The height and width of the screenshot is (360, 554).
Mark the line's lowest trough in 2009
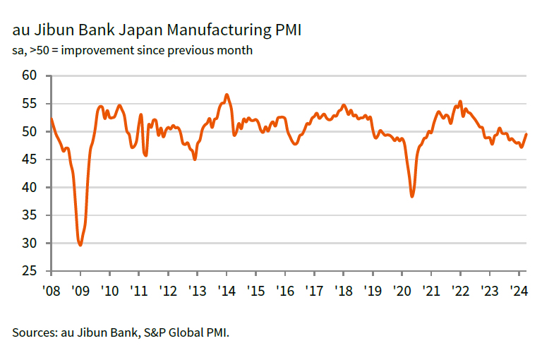click(x=80, y=245)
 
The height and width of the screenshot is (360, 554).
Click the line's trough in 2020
click(x=412, y=196)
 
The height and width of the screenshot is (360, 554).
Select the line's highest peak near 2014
click(x=226, y=95)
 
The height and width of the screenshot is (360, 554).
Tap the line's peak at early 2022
click(x=460, y=101)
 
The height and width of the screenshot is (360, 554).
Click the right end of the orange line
click(x=526, y=135)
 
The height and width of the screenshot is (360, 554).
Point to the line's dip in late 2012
click(x=195, y=160)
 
